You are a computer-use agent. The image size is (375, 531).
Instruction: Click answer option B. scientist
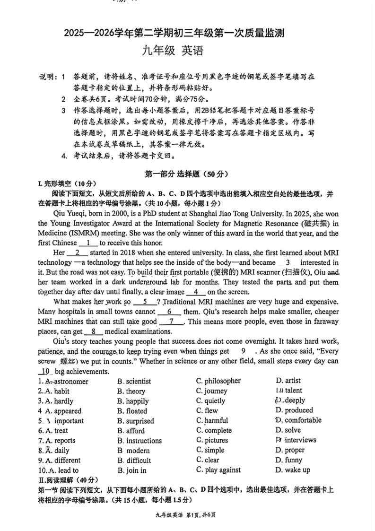tap(134, 381)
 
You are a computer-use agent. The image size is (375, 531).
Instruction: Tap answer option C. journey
tap(212, 391)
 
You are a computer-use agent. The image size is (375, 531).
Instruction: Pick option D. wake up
tap(293, 470)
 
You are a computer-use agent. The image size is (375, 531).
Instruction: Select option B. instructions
tap(140, 441)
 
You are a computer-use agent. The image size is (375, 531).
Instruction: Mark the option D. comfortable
tap(298, 420)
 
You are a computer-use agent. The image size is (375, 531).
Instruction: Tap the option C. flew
tap(207, 411)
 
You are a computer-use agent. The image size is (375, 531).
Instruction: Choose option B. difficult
tap(134, 461)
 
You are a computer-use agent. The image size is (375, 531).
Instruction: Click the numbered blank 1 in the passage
tap(88, 243)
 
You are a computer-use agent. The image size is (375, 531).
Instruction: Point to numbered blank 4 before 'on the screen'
tap(196, 292)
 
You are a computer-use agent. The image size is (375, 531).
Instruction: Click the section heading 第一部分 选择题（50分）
tap(187, 174)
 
